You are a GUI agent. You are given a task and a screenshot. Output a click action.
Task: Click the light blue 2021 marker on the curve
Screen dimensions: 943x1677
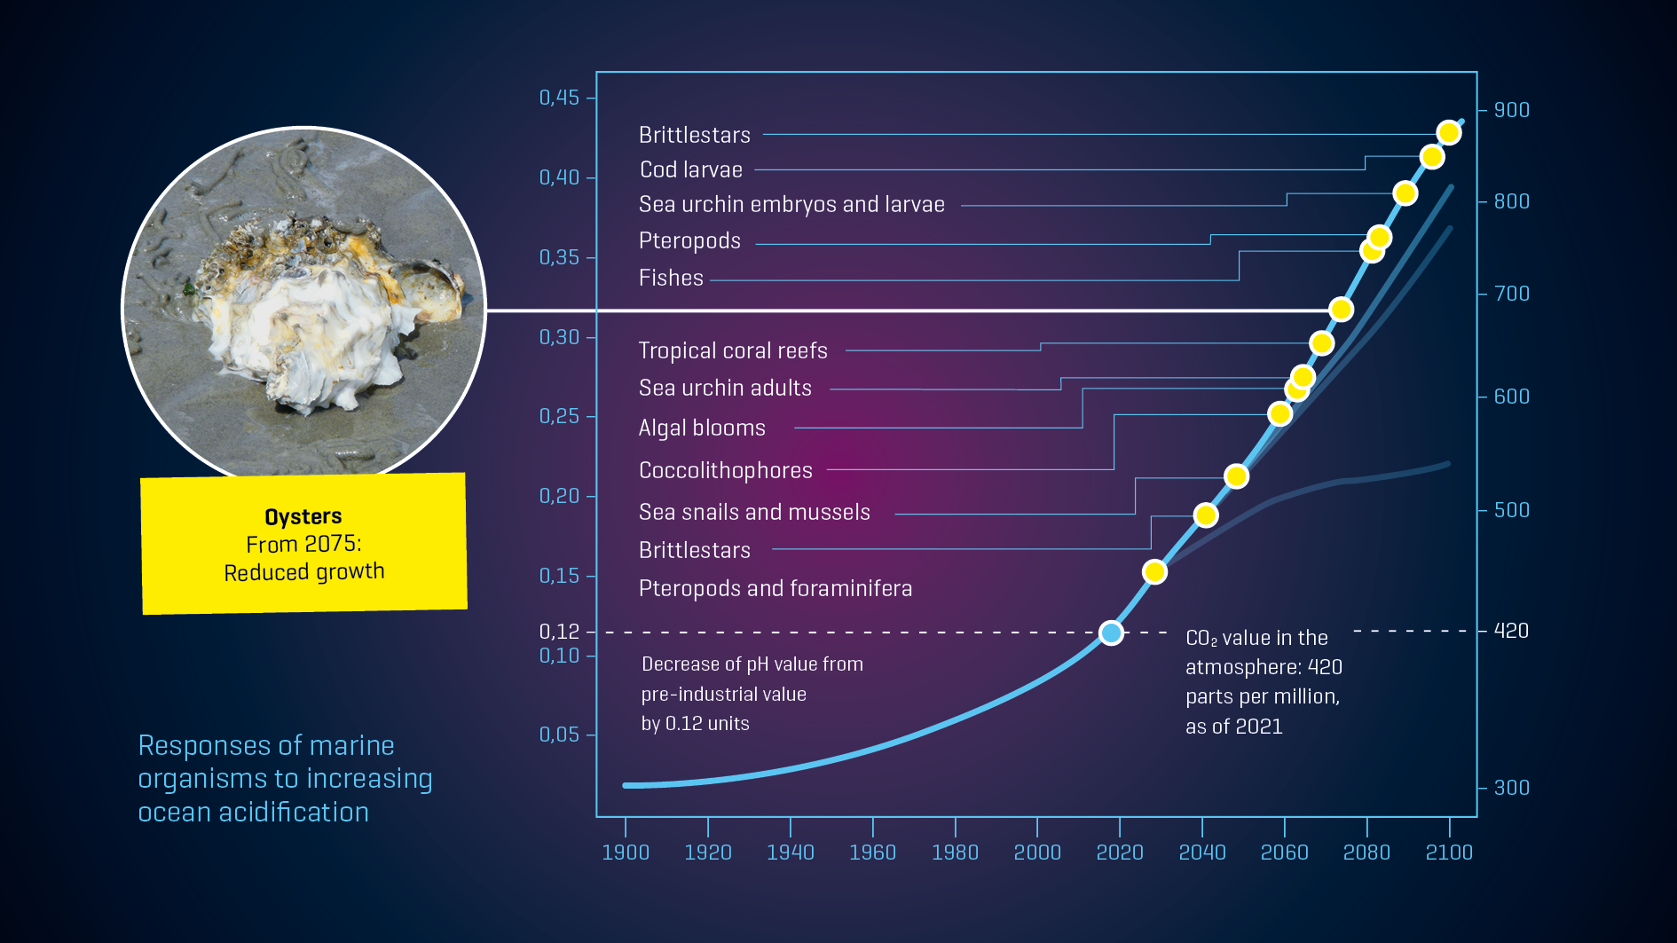1111,633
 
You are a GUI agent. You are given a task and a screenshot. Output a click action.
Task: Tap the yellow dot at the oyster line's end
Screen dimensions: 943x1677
1341,310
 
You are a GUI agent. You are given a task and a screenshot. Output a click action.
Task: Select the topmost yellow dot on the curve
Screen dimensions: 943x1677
1449,133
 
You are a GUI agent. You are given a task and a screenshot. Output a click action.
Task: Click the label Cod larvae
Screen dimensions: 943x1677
691,169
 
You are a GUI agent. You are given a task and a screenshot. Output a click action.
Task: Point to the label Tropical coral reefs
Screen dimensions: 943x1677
733,350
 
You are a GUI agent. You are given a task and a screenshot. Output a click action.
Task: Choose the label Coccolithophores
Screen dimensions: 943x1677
726,470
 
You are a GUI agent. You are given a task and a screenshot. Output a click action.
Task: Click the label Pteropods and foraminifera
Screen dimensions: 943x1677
776,588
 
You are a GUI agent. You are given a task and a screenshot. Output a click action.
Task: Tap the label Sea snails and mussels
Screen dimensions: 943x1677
754,512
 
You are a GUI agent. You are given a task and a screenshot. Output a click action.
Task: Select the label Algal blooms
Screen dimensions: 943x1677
702,428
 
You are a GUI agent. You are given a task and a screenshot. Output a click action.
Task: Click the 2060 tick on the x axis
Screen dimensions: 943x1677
1284,852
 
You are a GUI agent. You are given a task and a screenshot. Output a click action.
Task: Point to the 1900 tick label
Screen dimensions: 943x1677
626,852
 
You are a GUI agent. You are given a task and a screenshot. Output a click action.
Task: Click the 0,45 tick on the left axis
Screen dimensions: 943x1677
559,98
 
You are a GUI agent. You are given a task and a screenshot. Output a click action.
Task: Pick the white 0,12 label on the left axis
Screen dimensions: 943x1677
559,632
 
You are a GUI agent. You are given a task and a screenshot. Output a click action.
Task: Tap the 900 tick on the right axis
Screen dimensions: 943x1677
1511,110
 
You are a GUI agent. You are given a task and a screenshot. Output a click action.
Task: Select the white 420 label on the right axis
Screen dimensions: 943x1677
1511,631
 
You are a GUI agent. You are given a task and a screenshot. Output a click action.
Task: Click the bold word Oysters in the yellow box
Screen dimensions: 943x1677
303,516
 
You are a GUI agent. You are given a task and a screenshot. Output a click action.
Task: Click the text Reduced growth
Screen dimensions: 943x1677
304,572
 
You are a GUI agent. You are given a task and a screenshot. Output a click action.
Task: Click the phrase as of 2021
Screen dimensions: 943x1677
1234,727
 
